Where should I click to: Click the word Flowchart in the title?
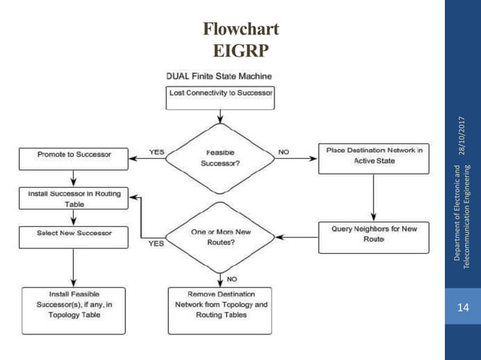click(x=240, y=30)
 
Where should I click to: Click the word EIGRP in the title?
click(x=240, y=51)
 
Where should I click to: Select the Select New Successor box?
click(x=73, y=233)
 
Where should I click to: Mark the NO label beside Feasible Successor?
click(x=283, y=151)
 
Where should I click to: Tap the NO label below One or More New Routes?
click(x=234, y=277)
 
